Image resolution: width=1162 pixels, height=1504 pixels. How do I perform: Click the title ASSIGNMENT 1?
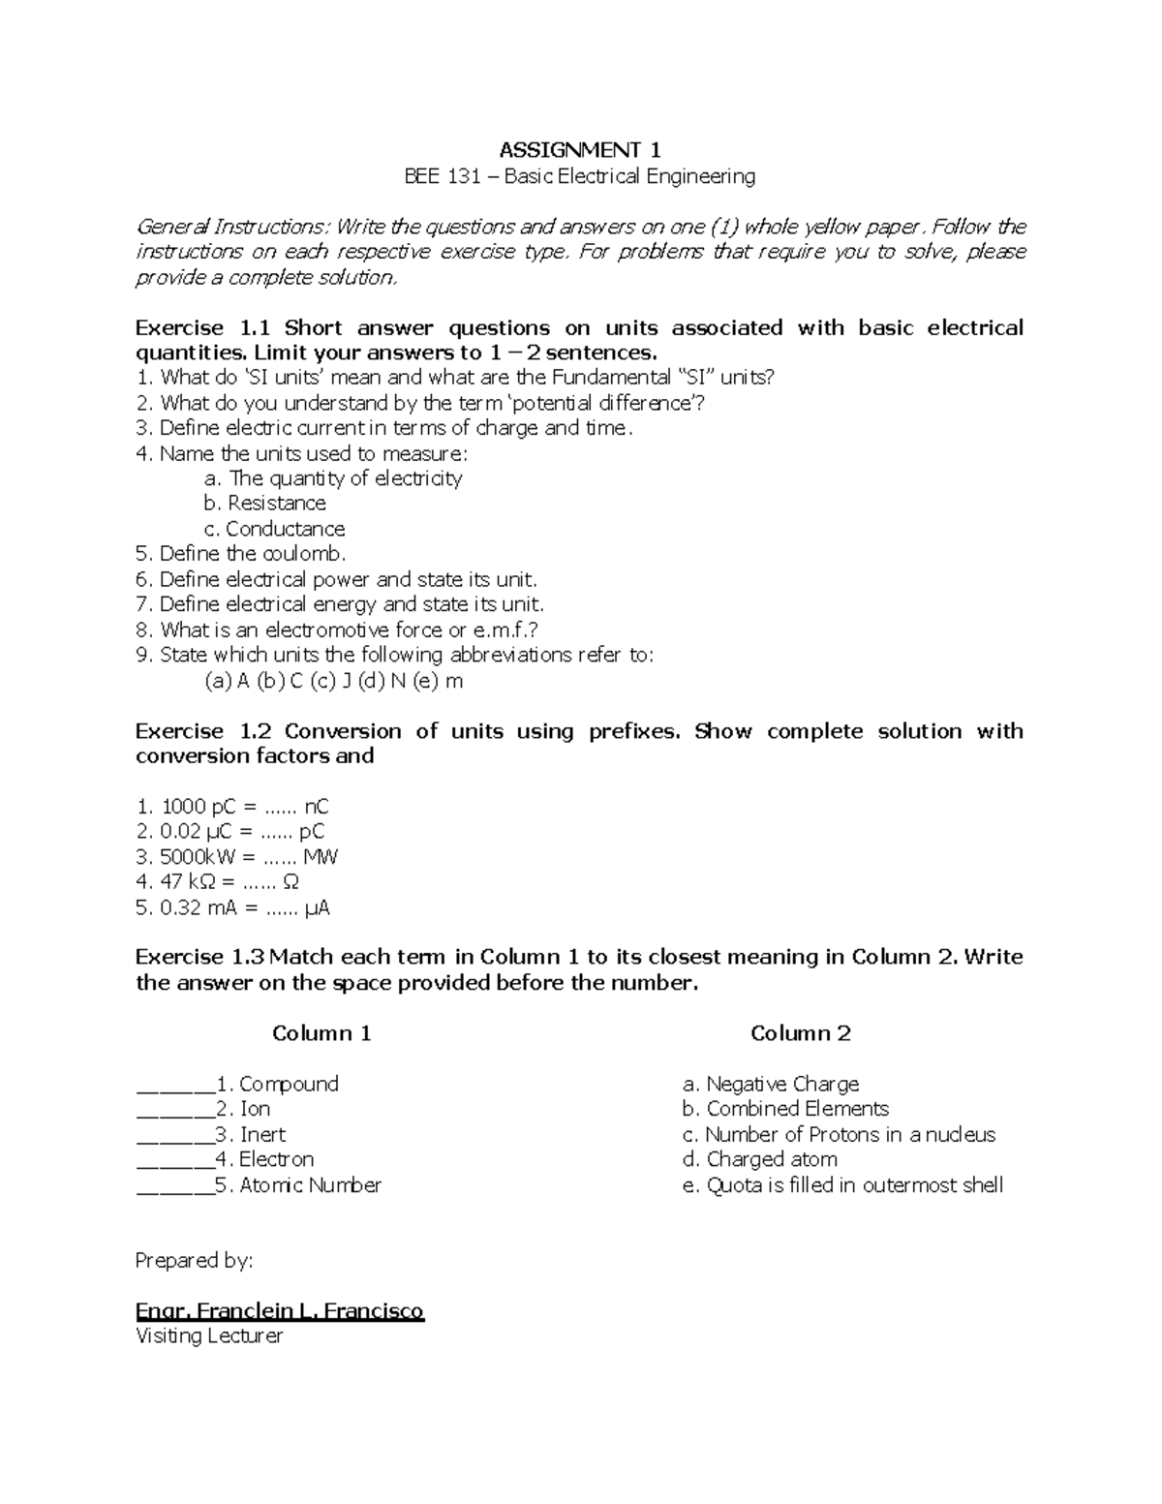point(579,150)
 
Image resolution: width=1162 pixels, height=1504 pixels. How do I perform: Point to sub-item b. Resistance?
point(264,504)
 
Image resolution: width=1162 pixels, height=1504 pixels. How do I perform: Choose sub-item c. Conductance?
point(275,529)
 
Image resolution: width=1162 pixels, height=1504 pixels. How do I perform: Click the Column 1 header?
point(321,1033)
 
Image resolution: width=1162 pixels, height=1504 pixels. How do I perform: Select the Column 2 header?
point(800,1033)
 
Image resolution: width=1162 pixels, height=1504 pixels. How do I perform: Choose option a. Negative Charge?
point(770,1084)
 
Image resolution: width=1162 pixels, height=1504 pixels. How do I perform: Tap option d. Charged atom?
point(759,1159)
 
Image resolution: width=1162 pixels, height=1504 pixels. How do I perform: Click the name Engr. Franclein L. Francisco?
point(280,1311)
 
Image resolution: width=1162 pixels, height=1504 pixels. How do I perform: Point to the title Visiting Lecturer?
point(209,1336)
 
